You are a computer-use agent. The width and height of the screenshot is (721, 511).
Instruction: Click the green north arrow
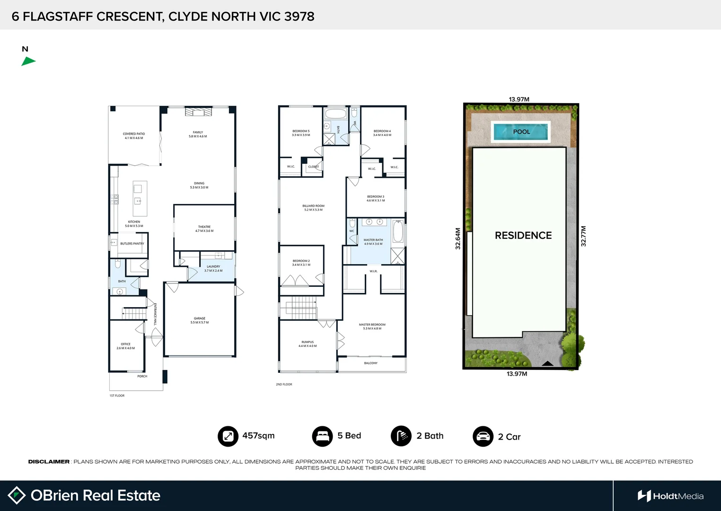(x=28, y=61)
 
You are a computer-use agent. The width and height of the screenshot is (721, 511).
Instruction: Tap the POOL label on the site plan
(x=521, y=132)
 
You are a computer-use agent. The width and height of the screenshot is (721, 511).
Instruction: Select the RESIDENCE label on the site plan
(x=523, y=235)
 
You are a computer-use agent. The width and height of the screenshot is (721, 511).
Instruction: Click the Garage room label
(x=200, y=320)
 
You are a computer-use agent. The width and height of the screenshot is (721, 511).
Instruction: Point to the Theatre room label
(x=204, y=229)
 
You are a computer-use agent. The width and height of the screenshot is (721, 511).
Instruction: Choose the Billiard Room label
(x=313, y=208)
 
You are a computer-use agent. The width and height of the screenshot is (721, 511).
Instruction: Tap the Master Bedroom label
(x=372, y=326)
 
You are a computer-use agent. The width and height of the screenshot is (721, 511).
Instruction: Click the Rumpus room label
(x=308, y=344)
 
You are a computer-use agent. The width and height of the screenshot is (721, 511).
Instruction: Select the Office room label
(x=125, y=346)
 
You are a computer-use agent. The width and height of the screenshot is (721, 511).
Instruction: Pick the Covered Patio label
(x=134, y=136)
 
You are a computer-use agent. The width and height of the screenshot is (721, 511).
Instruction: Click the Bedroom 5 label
(x=301, y=133)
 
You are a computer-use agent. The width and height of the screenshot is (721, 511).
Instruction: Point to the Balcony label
(x=371, y=363)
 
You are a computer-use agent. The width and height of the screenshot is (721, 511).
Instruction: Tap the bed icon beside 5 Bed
(x=322, y=436)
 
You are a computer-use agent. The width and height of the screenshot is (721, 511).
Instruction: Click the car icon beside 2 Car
(x=483, y=436)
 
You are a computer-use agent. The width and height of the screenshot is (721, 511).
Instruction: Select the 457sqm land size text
(x=258, y=436)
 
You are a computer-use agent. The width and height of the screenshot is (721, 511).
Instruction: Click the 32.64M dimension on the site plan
(x=458, y=238)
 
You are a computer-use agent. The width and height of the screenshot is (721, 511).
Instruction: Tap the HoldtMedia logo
(x=670, y=496)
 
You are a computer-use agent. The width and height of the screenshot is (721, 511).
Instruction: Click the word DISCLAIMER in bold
(x=49, y=461)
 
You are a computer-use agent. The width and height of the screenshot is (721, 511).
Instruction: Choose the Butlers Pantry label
(x=132, y=244)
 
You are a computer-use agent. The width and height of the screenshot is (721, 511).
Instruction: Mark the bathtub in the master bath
(x=398, y=231)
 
